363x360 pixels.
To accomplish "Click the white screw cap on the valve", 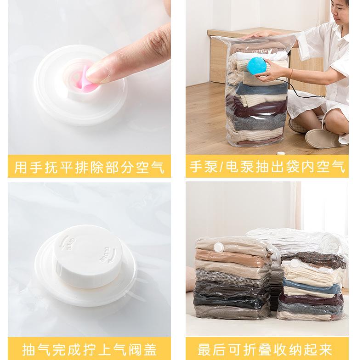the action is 87,256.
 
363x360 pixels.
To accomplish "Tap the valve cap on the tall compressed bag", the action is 218,247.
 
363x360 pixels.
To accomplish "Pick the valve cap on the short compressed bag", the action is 295,263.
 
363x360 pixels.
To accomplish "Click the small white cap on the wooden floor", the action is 280,153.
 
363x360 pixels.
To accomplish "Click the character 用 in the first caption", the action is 21,167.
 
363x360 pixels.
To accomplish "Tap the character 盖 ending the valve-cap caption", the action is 150,349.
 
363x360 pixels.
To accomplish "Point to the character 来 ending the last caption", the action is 326,349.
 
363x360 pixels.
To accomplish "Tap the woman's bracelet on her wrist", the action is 291,73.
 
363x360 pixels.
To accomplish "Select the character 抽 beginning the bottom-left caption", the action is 29,349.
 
